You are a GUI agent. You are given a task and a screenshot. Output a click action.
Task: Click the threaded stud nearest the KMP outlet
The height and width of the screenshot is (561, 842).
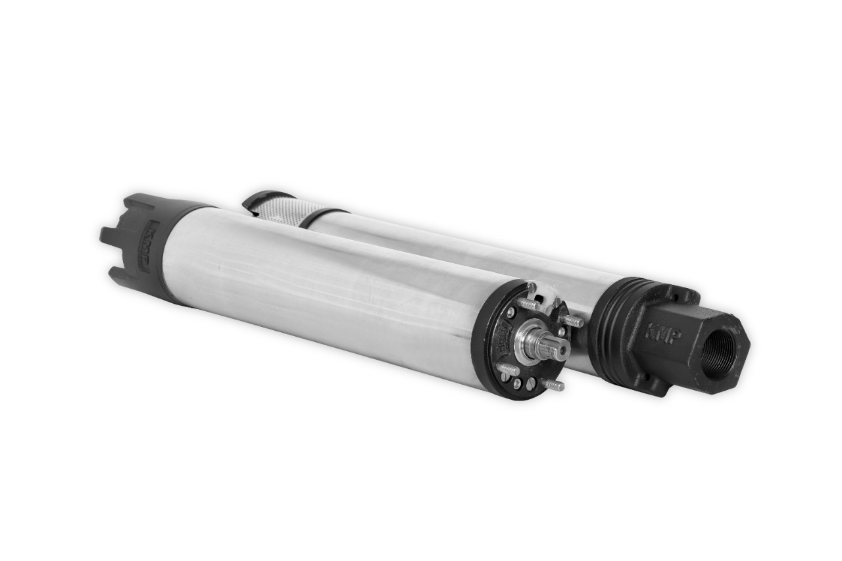tap(573, 322)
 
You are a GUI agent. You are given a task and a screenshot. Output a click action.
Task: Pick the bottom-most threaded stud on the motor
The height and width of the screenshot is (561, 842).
tap(553, 385)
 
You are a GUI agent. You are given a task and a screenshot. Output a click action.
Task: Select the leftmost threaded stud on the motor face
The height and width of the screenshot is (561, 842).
tap(508, 370)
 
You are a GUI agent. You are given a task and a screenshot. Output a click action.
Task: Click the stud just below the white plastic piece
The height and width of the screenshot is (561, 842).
tap(528, 304)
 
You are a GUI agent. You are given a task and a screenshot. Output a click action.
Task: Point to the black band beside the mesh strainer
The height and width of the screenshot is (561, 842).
tap(322, 215)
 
